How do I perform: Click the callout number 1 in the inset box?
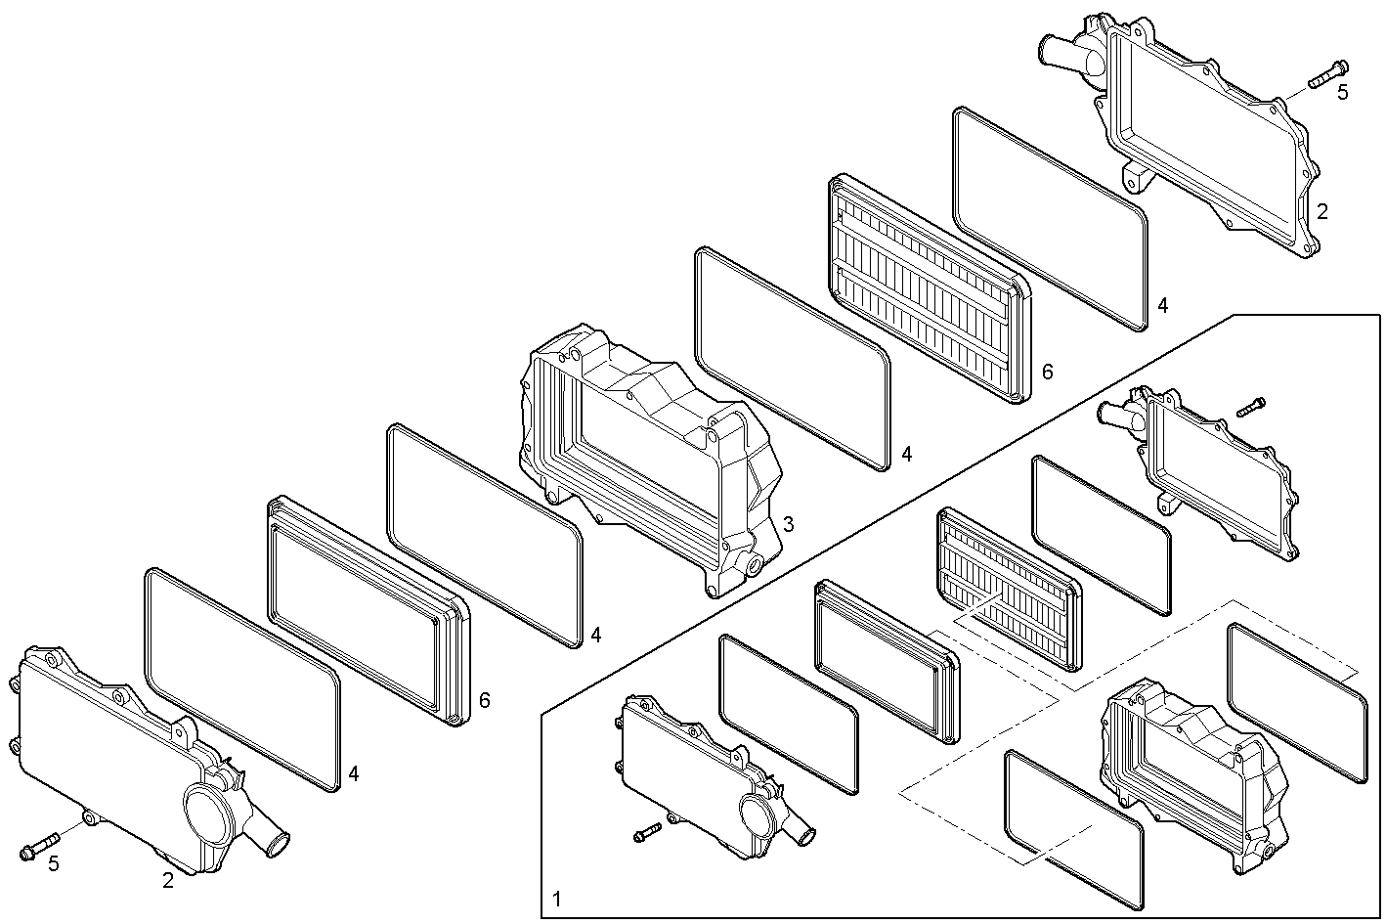point(557,898)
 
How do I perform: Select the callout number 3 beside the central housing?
point(788,524)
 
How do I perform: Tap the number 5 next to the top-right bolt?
point(1342,92)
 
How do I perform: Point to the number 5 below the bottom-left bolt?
point(54,862)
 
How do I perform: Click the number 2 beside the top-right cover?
point(1321,210)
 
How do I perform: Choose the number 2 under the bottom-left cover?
point(168,880)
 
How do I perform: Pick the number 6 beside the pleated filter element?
point(1048,372)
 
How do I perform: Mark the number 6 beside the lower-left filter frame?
point(485,700)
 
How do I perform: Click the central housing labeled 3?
point(650,460)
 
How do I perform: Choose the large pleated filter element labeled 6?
point(929,288)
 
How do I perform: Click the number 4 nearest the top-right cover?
point(1162,305)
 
